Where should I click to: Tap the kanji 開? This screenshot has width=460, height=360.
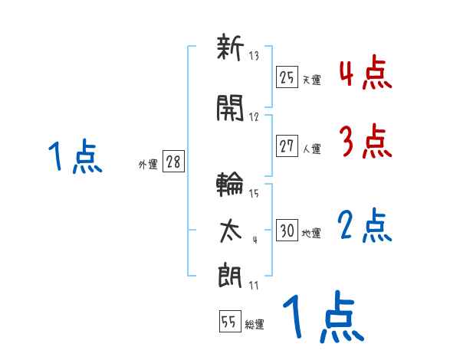(x=230, y=110)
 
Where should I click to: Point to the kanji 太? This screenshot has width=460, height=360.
(x=230, y=228)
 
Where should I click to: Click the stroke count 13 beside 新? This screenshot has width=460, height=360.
(x=255, y=57)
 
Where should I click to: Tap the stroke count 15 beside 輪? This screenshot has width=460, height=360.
(x=254, y=194)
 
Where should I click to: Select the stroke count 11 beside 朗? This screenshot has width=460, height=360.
(x=253, y=285)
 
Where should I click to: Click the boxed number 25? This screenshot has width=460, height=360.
(x=287, y=77)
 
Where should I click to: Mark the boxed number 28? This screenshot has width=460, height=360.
(x=173, y=162)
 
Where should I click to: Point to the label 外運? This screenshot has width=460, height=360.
(x=148, y=165)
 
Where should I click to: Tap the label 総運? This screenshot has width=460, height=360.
(x=255, y=325)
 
